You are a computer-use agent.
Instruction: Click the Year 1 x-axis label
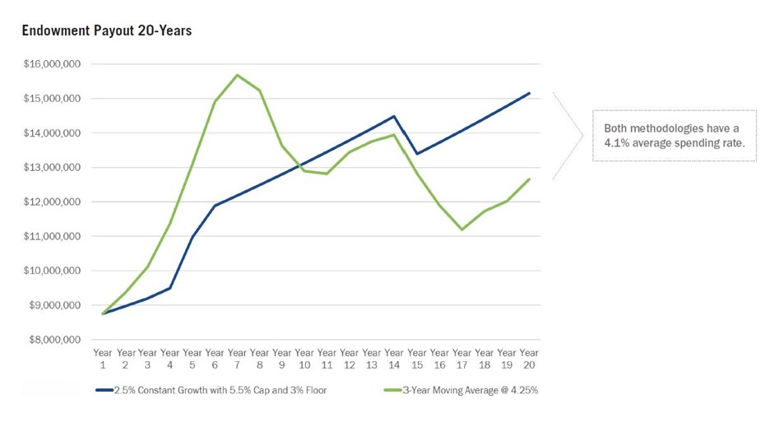(103, 359)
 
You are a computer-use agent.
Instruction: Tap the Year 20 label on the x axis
(529, 359)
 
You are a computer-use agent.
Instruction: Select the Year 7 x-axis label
(238, 359)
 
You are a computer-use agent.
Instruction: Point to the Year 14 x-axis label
(394, 359)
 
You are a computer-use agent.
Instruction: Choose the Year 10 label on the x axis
(304, 359)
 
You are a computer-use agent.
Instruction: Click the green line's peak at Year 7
(238, 75)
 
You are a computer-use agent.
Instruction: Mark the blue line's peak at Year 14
(394, 116)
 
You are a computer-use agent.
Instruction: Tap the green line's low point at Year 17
(462, 230)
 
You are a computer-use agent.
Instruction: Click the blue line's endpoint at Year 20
(529, 93)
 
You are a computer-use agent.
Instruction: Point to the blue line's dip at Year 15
(417, 154)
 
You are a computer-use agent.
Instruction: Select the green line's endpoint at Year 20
(529, 179)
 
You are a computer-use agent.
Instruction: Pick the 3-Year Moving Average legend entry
(470, 390)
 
